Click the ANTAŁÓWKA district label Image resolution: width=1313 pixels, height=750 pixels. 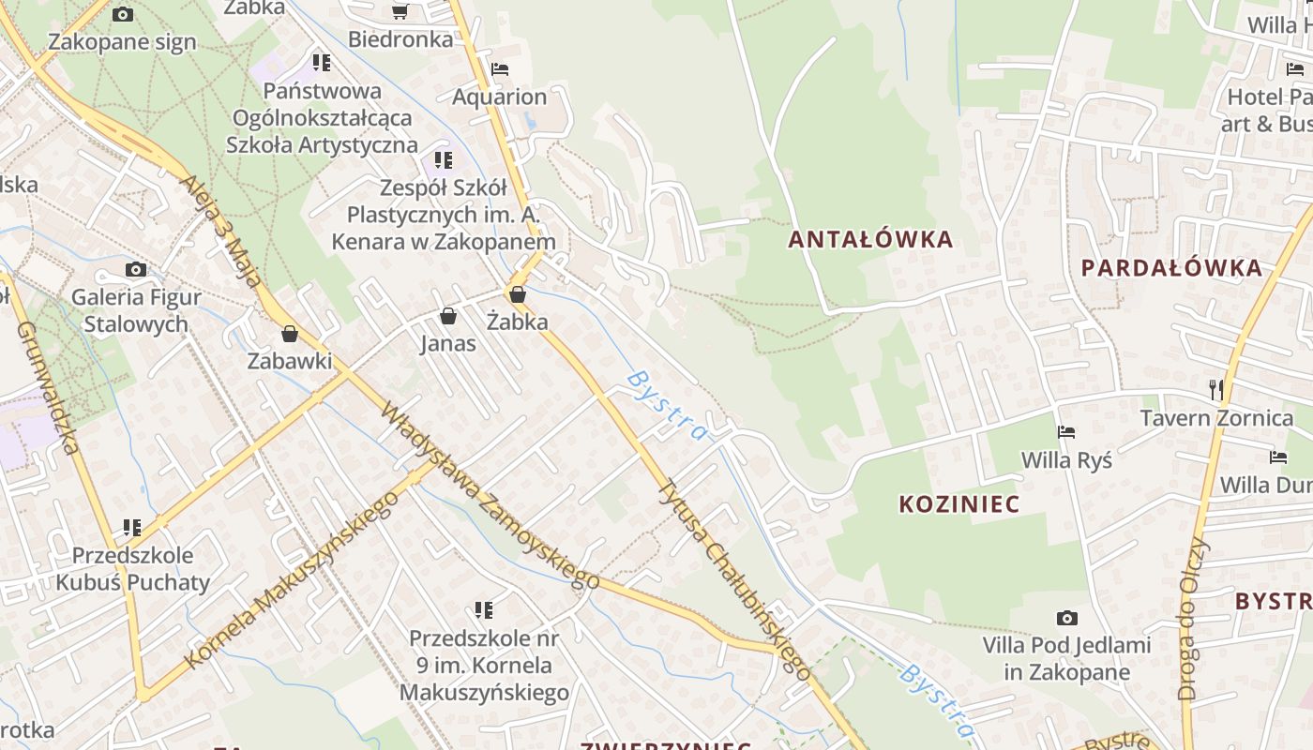[870, 240]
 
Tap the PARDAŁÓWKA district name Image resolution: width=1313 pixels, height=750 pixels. [1171, 268]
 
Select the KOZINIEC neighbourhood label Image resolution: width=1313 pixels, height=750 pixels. [958, 504]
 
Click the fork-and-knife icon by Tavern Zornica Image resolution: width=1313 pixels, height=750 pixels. [1216, 389]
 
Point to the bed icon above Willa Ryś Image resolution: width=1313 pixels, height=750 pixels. [1066, 432]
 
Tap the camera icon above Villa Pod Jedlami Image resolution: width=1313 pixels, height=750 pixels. [1066, 618]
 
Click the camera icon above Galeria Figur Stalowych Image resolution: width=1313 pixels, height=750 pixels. [136, 270]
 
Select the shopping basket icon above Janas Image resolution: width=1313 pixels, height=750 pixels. [448, 316]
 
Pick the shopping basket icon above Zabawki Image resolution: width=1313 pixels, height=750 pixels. [290, 334]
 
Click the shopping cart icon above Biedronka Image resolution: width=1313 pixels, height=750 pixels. [400, 11]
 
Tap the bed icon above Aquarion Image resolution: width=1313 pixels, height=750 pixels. [500, 69]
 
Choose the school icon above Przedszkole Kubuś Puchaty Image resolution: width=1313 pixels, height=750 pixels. [132, 528]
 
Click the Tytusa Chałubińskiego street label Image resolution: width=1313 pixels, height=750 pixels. [732, 578]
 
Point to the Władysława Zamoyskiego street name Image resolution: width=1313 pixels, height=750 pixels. [490, 497]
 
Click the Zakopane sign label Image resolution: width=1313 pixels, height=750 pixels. [122, 42]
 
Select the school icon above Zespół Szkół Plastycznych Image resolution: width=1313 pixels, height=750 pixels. [444, 160]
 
